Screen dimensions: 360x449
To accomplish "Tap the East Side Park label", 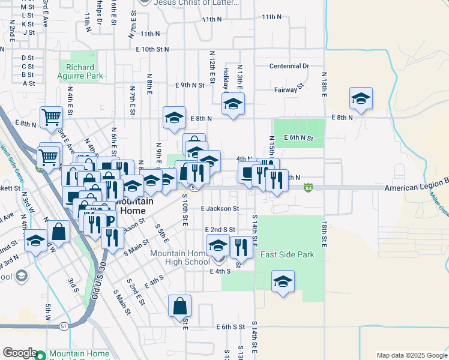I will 288,255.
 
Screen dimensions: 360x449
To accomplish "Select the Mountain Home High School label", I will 179,257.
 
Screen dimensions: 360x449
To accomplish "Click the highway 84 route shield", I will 308,187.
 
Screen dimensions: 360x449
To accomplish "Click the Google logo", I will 20,353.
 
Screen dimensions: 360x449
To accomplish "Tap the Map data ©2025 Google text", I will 411,355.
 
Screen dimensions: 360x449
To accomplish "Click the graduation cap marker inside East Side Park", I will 283,282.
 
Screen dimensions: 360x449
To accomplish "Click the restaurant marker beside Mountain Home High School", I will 241,247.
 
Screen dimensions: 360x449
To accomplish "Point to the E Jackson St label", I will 220,209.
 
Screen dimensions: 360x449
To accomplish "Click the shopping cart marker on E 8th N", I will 51,118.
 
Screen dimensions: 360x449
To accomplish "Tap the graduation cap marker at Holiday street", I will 233,104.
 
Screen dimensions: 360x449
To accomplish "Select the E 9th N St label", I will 190,85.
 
